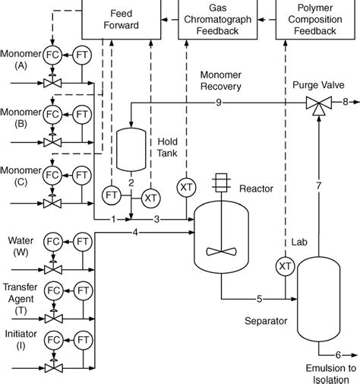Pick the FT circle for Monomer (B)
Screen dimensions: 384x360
click(x=81, y=115)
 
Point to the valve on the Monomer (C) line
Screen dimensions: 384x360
click(x=52, y=202)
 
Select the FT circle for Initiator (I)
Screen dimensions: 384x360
click(x=81, y=338)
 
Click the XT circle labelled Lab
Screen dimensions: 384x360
click(x=285, y=265)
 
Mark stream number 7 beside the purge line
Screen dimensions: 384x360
click(x=319, y=186)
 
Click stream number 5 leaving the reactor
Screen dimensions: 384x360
click(x=261, y=298)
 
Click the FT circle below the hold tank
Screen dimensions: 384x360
click(x=111, y=195)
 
